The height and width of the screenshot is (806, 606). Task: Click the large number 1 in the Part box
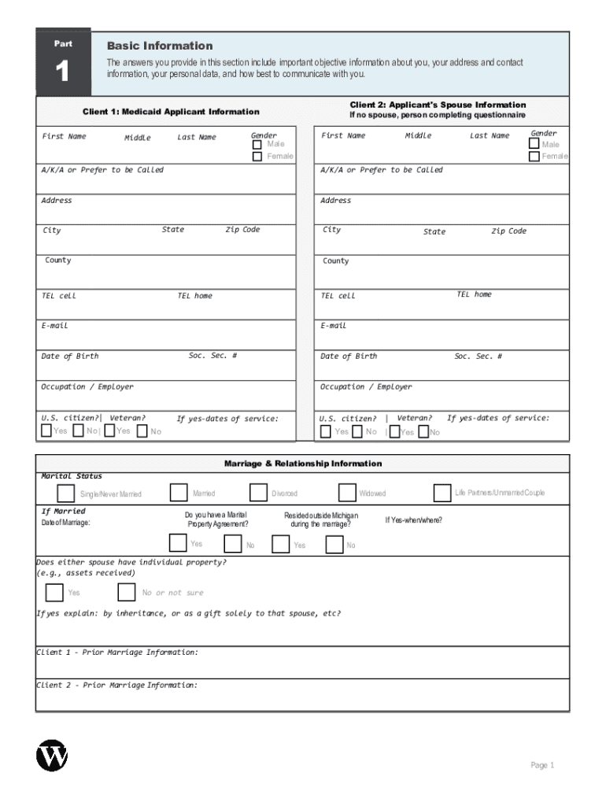(62, 73)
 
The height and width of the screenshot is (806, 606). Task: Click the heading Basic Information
(160, 46)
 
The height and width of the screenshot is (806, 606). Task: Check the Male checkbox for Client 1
(257, 144)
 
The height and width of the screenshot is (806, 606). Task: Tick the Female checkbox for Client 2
(534, 156)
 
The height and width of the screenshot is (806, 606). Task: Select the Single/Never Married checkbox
(66, 494)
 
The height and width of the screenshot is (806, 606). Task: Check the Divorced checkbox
(258, 493)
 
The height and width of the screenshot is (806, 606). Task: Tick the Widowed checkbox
(347, 493)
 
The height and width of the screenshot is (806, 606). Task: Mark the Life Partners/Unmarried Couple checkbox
(442, 493)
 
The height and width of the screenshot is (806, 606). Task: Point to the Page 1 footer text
(542, 765)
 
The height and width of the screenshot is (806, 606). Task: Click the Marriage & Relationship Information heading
(303, 464)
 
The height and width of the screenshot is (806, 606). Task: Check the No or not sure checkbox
(126, 592)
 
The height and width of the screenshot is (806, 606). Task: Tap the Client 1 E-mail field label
(55, 325)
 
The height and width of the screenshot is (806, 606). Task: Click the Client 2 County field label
(335, 261)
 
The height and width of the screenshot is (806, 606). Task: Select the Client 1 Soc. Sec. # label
(212, 356)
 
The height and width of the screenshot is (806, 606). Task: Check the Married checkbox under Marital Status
(179, 493)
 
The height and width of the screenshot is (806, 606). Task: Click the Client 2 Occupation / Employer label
(365, 386)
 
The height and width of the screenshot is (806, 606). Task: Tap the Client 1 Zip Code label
(242, 230)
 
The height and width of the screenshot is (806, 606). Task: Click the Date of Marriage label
(65, 523)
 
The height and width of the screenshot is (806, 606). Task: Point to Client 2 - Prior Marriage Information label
(117, 685)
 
